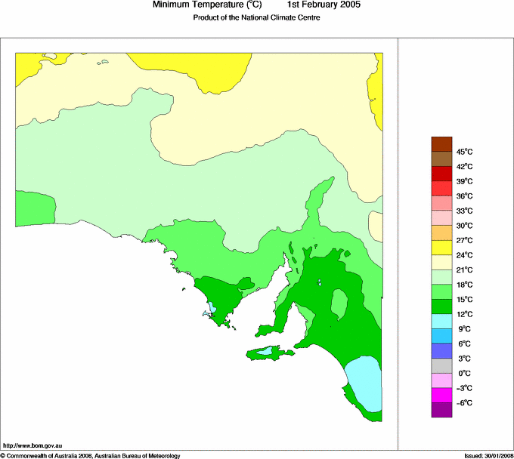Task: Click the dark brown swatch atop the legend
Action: point(441,144)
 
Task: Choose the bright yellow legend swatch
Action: point(441,248)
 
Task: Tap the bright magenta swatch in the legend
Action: point(441,396)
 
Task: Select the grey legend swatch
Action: point(441,366)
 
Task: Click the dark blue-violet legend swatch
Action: point(441,351)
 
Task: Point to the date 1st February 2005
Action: point(324,5)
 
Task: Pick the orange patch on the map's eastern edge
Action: point(376,225)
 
